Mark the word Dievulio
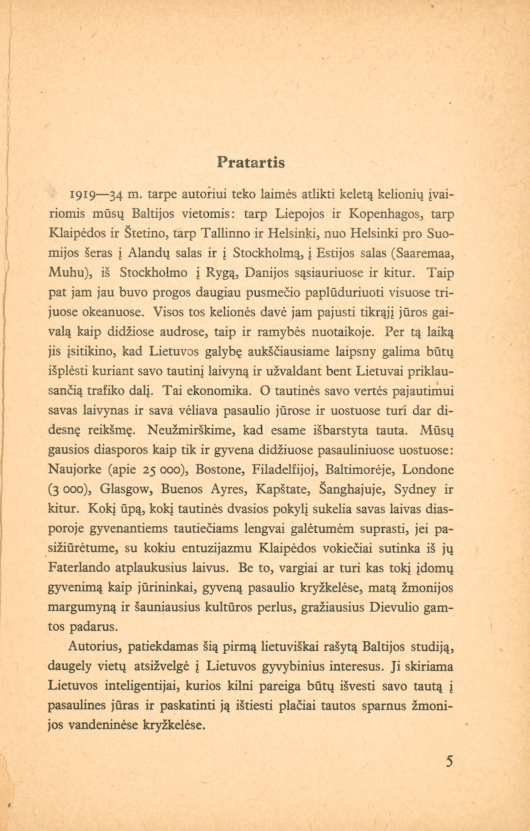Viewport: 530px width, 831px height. [x=393, y=607]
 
